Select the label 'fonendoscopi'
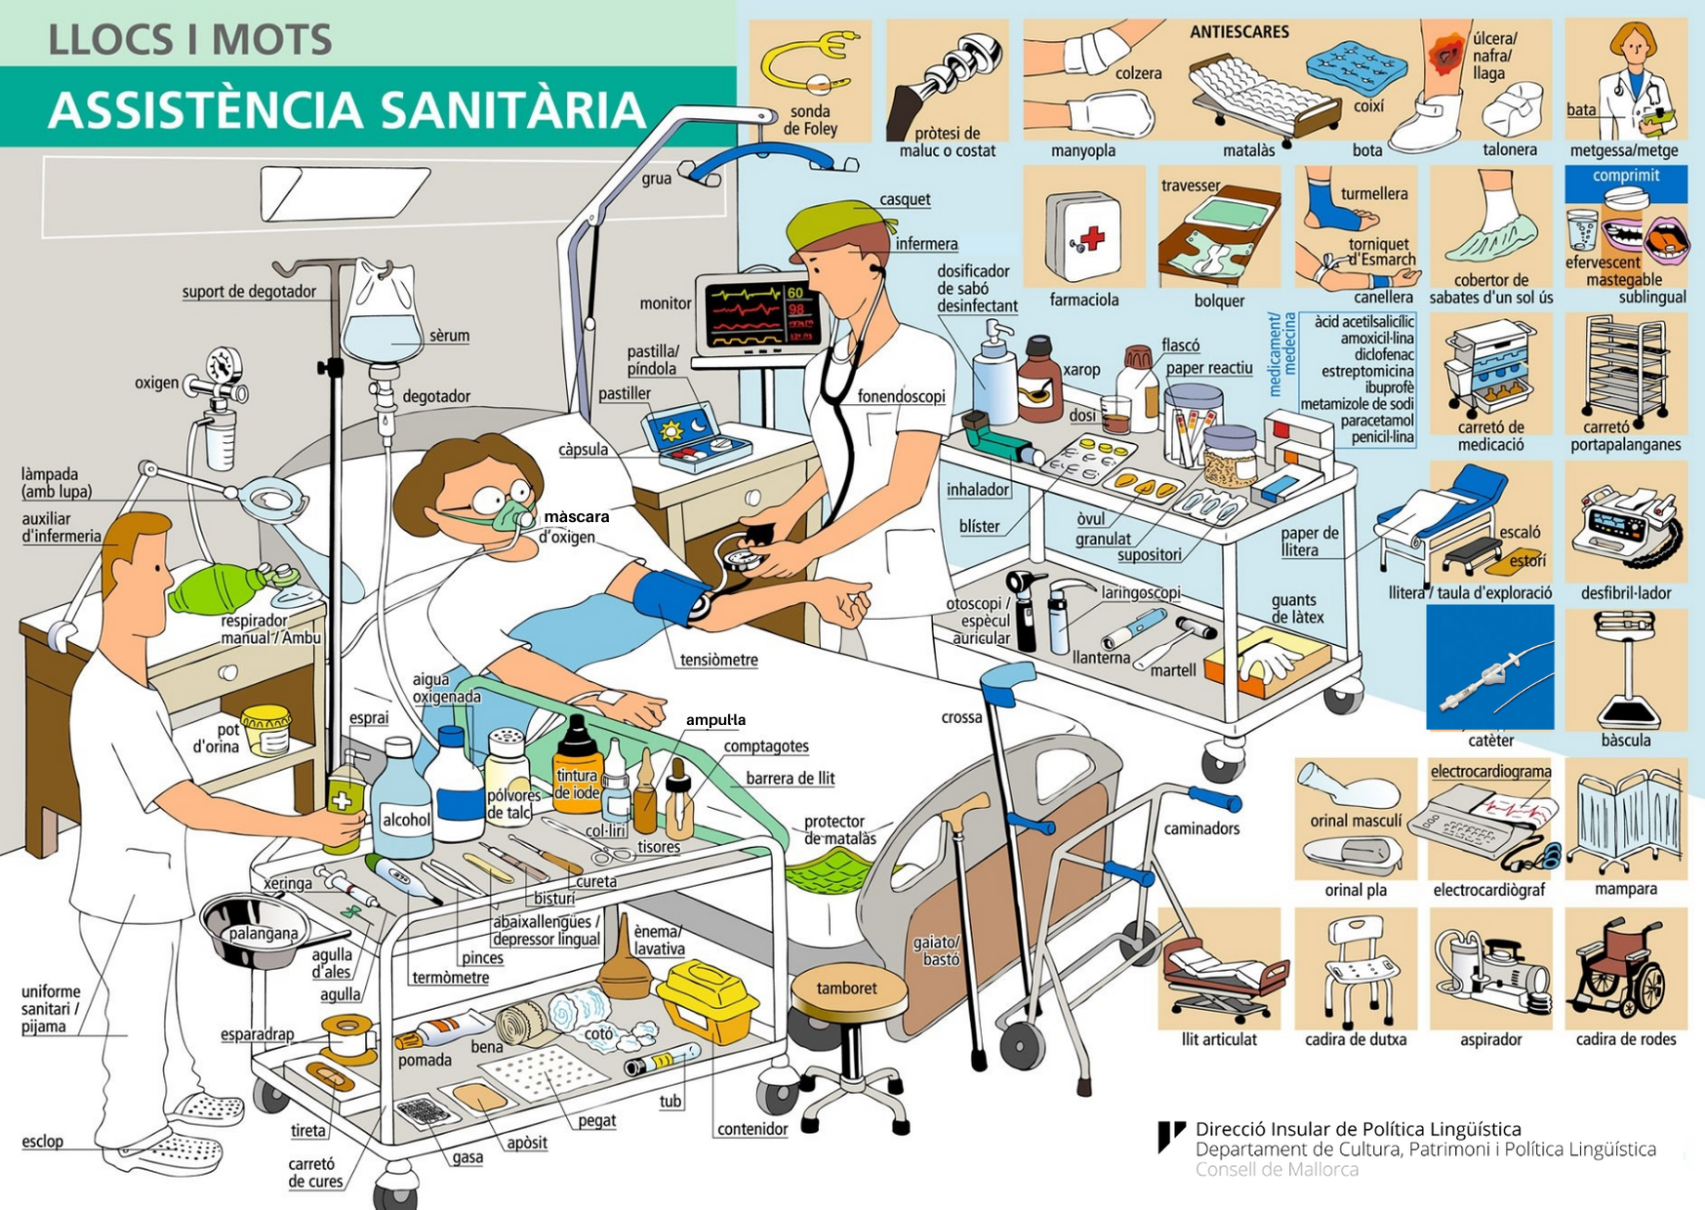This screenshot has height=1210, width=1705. click(x=901, y=396)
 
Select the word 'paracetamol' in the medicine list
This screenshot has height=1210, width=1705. click(x=1376, y=421)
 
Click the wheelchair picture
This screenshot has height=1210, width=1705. click(x=1623, y=972)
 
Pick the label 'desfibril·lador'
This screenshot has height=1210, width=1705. click(x=1626, y=593)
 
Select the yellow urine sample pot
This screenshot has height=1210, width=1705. click(x=265, y=730)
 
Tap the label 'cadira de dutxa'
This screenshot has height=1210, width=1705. click(x=1356, y=1040)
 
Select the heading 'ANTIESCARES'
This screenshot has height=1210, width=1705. click(x=1238, y=32)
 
